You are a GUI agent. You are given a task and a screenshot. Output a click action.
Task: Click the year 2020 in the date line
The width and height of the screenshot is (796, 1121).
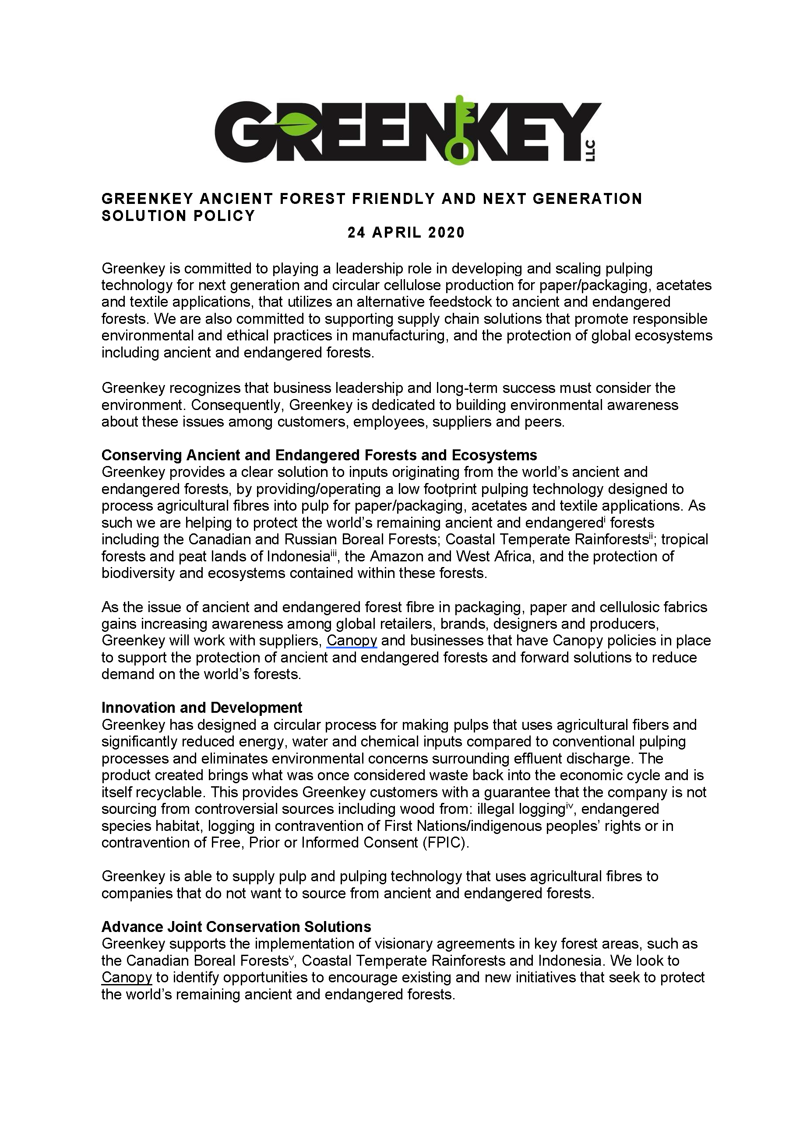tap(446, 232)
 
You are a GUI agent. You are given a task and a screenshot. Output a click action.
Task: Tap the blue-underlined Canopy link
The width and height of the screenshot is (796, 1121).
tap(352, 641)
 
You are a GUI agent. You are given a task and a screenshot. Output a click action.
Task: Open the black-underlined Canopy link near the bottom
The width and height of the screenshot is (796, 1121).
tap(127, 977)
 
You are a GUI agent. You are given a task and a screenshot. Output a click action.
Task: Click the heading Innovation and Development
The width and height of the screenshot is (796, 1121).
tap(201, 708)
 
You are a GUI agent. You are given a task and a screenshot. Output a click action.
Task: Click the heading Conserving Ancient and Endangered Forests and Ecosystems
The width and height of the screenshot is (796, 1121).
tap(319, 455)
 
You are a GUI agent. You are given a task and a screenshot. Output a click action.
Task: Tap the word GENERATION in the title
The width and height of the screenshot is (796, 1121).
tap(587, 198)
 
